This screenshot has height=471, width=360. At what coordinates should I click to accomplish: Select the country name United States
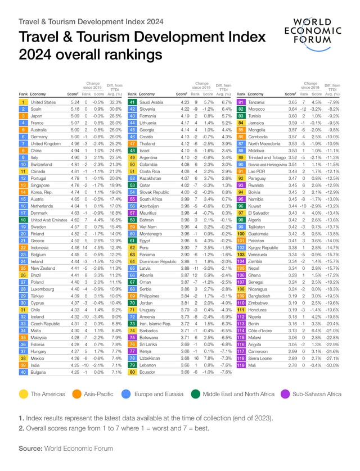coord(43,102)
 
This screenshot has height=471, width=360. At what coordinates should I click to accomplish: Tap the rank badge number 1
coord(23,102)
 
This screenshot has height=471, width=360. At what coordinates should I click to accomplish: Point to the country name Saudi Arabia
coord(151,102)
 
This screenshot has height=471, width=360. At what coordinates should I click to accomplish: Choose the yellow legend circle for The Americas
coord(24,395)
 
